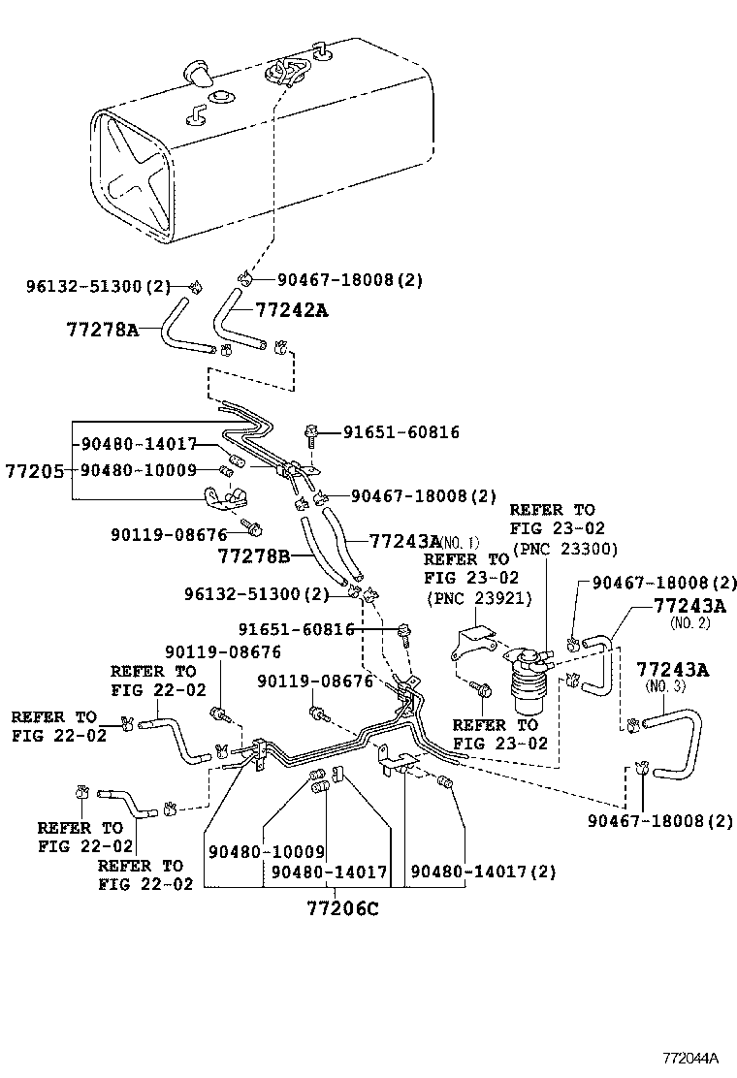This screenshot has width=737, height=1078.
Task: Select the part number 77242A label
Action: pyautogui.click(x=292, y=310)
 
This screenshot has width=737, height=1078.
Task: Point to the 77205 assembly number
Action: pyautogui.click(x=34, y=471)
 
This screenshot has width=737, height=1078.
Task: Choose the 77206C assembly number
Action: pyautogui.click(x=342, y=908)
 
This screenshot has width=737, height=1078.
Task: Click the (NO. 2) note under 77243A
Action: pyautogui.click(x=690, y=623)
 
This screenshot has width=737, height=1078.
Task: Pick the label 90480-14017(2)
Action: pyautogui.click(x=482, y=872)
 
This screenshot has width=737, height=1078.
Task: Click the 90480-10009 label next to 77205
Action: pyautogui.click(x=139, y=470)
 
